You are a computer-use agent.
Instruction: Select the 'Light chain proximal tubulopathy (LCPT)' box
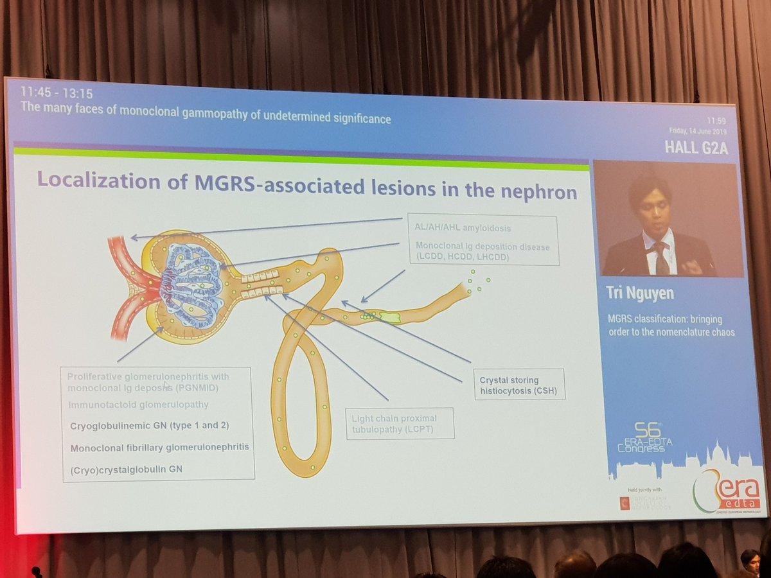coord(399,423)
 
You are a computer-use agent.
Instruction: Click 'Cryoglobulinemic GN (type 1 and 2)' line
coord(150,426)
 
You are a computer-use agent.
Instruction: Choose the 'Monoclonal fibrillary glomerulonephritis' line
coord(159,448)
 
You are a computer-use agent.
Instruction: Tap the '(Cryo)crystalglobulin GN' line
coord(127,469)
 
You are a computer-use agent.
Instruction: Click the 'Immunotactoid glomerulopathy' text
coord(138,405)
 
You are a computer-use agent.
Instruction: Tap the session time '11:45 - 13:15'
coord(57,94)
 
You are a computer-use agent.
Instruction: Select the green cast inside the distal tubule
coord(389,317)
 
